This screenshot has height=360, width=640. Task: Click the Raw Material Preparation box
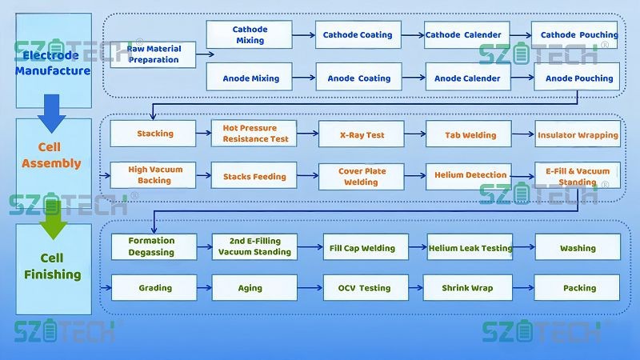[x=153, y=54]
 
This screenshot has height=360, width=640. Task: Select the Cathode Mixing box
[x=249, y=34]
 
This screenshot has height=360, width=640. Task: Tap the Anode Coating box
[x=358, y=78]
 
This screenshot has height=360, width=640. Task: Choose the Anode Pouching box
[x=578, y=78]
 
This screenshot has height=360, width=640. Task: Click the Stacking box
[x=154, y=134]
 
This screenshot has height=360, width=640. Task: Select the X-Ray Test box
[x=362, y=134]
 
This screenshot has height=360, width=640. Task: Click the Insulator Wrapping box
[x=578, y=134]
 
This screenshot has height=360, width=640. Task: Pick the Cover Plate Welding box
[x=362, y=176]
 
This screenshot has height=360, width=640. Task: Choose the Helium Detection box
[x=470, y=175]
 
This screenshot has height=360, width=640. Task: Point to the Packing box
[x=578, y=288]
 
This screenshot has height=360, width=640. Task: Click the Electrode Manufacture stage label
[x=52, y=62]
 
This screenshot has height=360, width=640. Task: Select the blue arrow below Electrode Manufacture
[x=52, y=113]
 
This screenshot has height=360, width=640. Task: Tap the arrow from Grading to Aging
[x=203, y=288]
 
